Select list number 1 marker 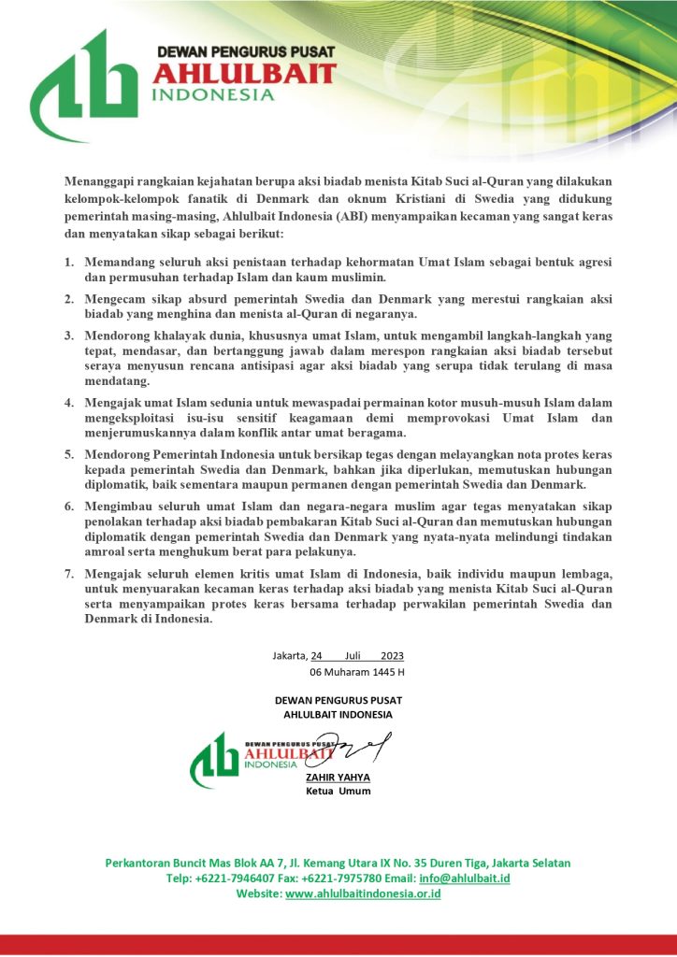pos(70,264)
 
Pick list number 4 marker pos(70,401)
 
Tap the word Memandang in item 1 pos(120,264)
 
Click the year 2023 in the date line pos(393,655)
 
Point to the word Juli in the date pos(353,655)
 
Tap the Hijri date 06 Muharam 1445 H pos(356,672)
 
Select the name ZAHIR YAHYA pos(338,777)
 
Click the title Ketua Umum pos(338,791)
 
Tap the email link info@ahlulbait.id pos(464,878)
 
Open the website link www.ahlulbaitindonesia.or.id pos(363,894)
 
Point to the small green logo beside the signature pos(214,759)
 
